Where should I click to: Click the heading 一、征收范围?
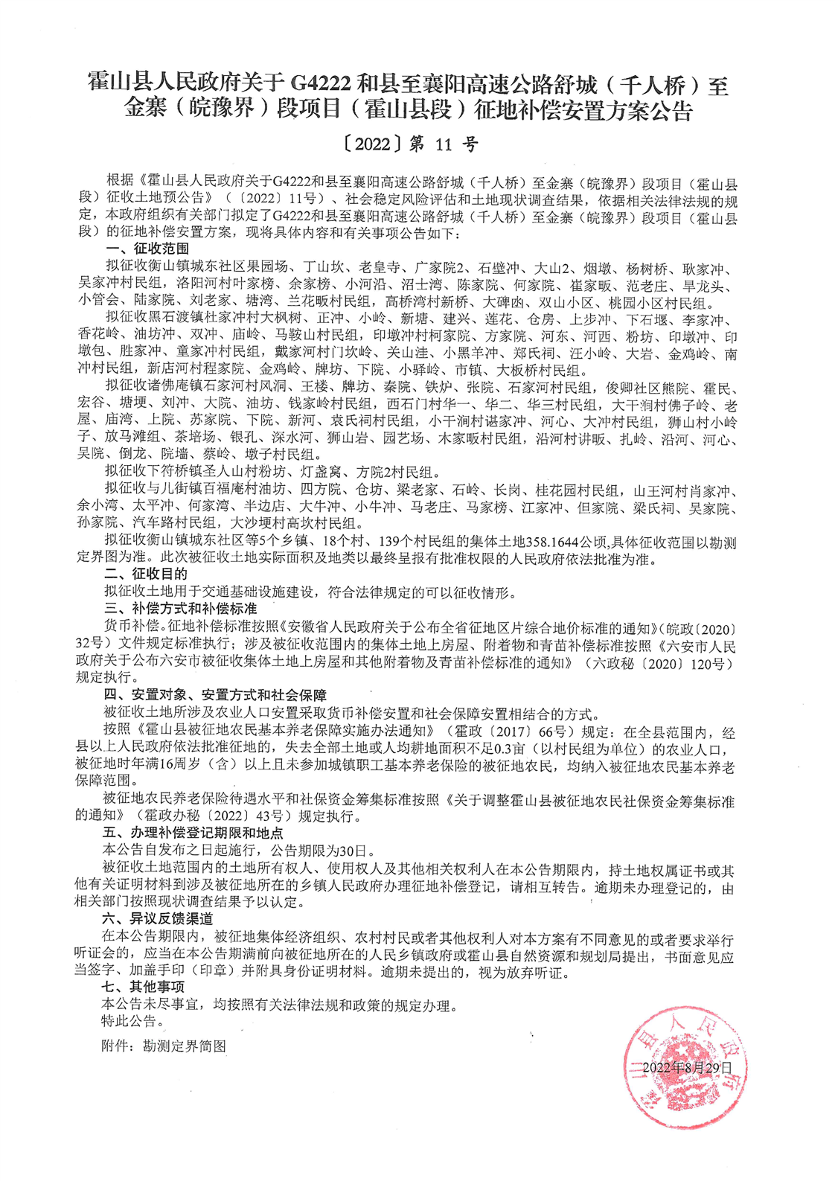tap(147, 249)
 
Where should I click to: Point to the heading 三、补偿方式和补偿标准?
tap(179, 609)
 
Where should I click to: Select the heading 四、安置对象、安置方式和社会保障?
tap(215, 695)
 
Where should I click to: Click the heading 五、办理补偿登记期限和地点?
tap(193, 833)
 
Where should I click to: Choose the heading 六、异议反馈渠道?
tap(159, 918)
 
